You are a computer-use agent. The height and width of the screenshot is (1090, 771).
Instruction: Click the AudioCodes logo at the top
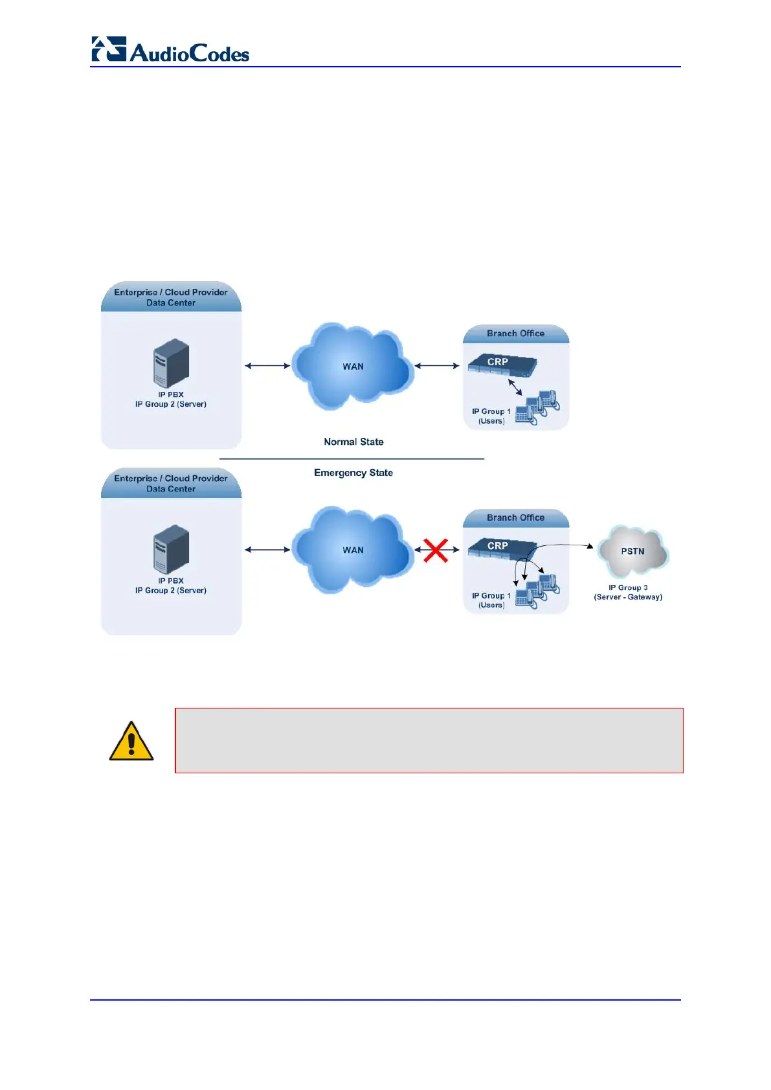[x=170, y=51]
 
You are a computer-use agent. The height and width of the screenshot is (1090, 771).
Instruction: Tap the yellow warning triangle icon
[x=131, y=742]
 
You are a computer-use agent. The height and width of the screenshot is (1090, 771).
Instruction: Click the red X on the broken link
[x=436, y=550]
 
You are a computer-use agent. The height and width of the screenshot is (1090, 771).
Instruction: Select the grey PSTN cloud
[x=632, y=551]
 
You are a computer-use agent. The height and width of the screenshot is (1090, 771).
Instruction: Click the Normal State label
[x=353, y=442]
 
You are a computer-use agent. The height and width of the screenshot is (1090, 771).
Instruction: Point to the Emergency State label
[x=353, y=473]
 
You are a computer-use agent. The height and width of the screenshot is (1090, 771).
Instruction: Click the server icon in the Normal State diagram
[x=171, y=363]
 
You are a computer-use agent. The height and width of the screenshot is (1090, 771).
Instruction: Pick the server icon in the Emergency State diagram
[x=171, y=549]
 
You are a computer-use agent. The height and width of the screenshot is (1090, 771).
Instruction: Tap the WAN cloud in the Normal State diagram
[x=353, y=366]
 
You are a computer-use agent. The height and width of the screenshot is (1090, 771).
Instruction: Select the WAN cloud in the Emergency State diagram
[x=353, y=550]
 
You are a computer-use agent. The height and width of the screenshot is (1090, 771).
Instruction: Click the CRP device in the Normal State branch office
[x=502, y=364]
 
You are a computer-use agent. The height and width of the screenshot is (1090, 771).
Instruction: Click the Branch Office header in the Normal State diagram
[x=515, y=334]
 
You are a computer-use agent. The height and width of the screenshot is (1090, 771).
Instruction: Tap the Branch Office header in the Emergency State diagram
[x=515, y=518]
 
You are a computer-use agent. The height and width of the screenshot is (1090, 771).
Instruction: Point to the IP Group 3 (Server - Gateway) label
[x=628, y=593]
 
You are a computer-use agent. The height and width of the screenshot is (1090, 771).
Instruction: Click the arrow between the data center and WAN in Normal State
[x=267, y=366]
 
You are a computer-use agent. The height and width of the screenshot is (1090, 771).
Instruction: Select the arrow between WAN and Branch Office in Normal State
[x=437, y=366]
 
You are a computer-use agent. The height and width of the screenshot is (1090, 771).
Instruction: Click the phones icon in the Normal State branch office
[x=538, y=407]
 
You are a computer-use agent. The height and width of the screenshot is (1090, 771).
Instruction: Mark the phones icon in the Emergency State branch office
[x=538, y=591]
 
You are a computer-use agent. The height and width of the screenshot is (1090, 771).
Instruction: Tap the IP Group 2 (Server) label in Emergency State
[x=171, y=591]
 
